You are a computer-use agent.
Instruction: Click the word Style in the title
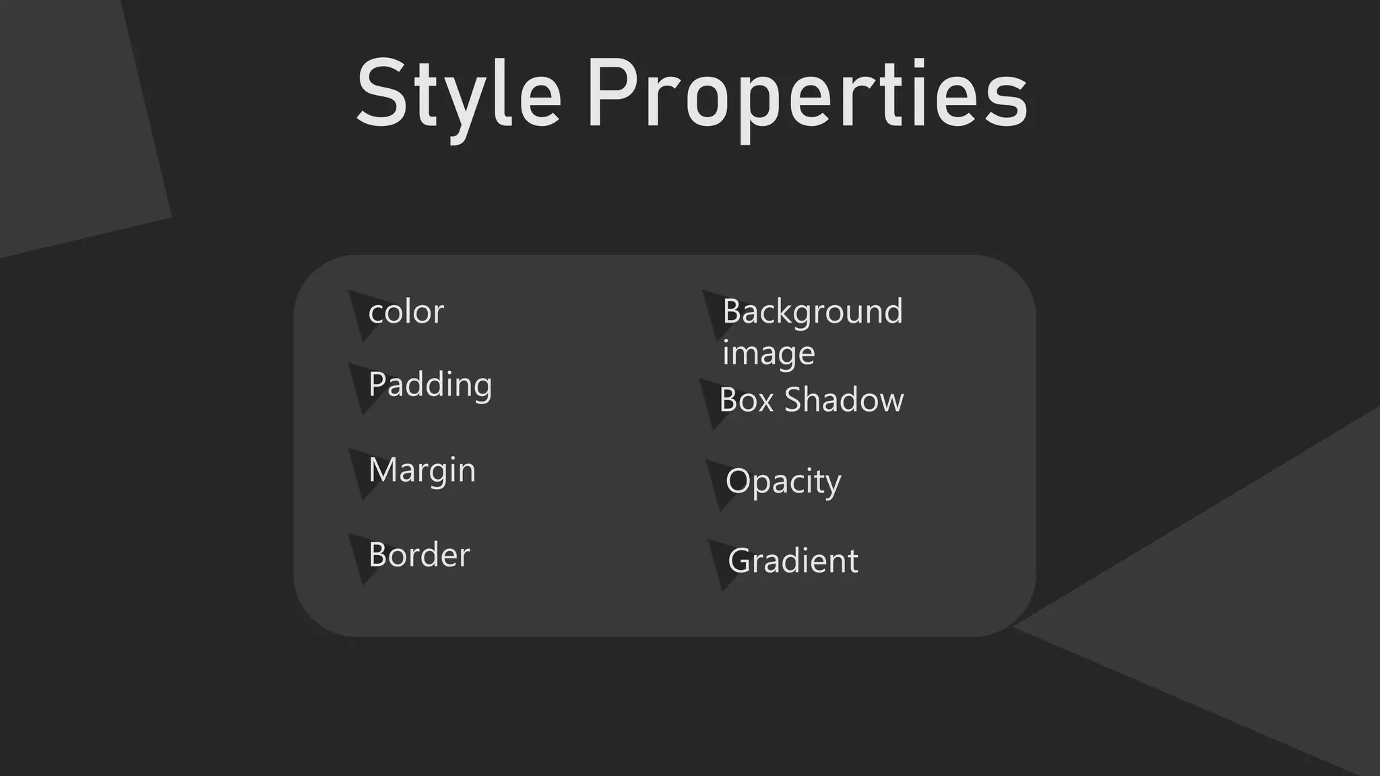(x=458, y=94)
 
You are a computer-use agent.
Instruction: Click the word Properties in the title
(x=807, y=94)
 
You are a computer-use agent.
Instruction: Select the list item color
(x=406, y=312)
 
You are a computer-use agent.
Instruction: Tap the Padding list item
(x=430, y=385)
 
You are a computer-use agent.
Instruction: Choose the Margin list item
(x=422, y=470)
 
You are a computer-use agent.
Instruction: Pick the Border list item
(x=419, y=555)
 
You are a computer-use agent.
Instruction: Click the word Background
(x=812, y=312)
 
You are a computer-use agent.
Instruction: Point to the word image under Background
(x=768, y=353)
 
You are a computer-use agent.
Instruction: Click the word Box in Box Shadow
(x=746, y=400)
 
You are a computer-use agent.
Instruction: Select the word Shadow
(x=844, y=400)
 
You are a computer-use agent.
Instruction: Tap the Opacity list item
(x=783, y=482)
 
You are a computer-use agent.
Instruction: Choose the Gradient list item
(x=793, y=561)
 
